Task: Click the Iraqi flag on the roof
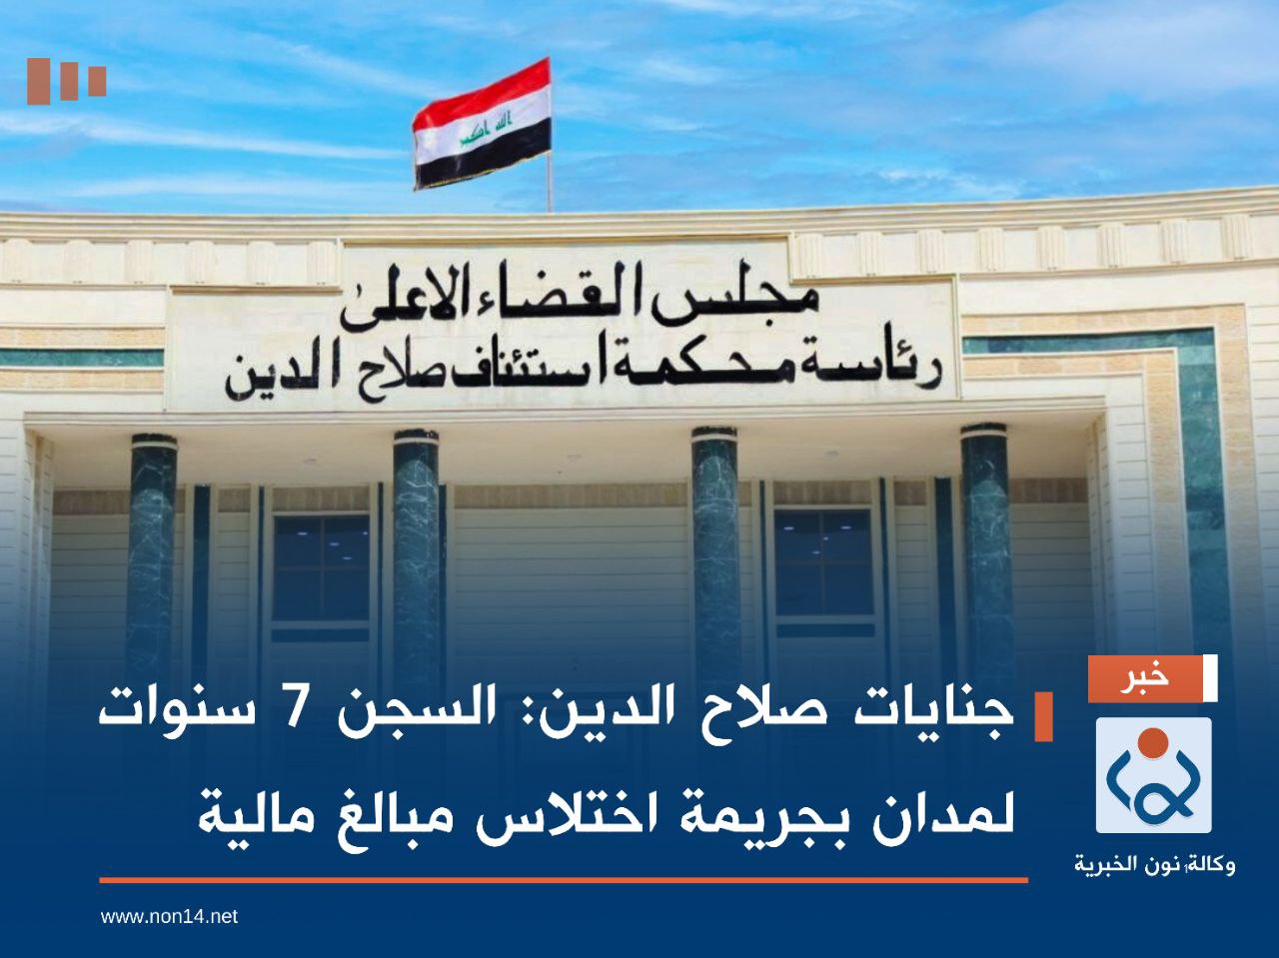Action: pyautogui.click(x=483, y=124)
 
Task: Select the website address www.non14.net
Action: pyautogui.click(x=169, y=916)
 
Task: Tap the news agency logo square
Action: pyautogui.click(x=1153, y=774)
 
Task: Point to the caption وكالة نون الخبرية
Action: pyautogui.click(x=1154, y=863)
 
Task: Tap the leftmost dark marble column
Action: pyautogui.click(x=153, y=559)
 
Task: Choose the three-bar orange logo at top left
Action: pyautogui.click(x=66, y=81)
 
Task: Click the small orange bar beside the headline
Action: pyautogui.click(x=1043, y=715)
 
